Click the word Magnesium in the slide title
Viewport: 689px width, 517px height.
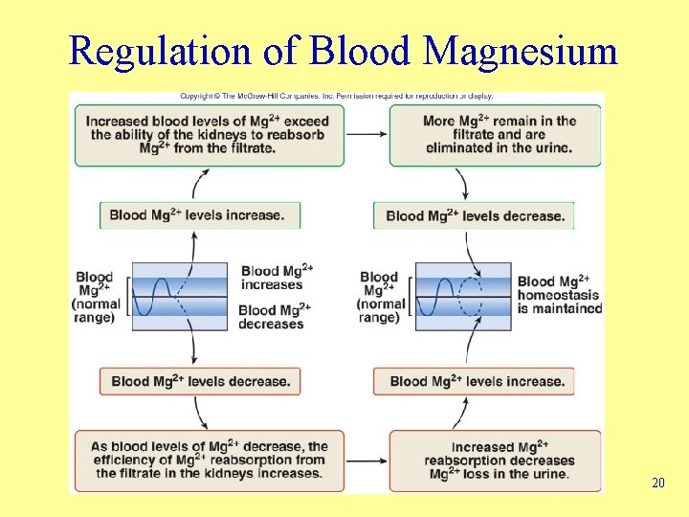(521, 51)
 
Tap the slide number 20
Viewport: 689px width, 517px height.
(657, 483)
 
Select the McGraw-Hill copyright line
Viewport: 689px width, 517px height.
(336, 96)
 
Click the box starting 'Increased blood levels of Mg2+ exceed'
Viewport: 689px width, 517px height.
(209, 135)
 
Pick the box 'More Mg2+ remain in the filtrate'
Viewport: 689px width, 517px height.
(495, 135)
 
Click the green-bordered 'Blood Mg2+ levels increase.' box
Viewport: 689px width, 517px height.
(199, 214)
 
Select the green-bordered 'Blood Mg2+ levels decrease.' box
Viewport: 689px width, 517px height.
(474, 215)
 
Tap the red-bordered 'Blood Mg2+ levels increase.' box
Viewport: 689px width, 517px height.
(476, 381)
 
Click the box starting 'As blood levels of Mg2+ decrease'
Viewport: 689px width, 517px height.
(209, 461)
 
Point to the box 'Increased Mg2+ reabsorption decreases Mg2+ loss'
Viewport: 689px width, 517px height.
(495, 461)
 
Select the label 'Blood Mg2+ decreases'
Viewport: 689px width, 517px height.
(273, 317)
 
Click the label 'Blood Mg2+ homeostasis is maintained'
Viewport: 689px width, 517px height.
(559, 295)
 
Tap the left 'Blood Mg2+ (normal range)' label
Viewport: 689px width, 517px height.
(97, 297)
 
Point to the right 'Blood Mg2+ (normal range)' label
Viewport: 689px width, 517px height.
(380, 297)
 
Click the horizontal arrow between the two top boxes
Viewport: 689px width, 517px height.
(366, 134)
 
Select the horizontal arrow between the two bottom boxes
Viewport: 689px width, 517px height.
(366, 461)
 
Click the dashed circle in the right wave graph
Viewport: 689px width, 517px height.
(473, 296)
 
